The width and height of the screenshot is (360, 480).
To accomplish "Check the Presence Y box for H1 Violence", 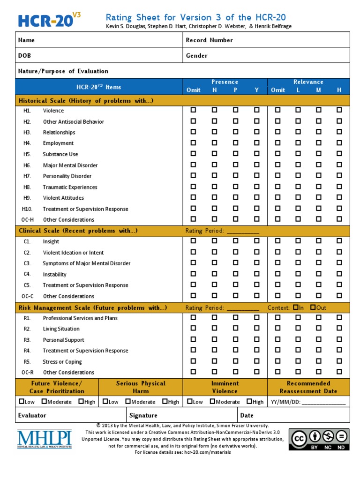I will [256, 110].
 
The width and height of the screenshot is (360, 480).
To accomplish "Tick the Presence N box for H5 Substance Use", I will [214, 154].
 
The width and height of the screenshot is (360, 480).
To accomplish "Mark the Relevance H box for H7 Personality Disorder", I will [339, 176].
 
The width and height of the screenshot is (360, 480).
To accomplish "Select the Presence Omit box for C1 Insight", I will [193, 241].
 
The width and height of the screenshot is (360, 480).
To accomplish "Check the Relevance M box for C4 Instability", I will [319, 274].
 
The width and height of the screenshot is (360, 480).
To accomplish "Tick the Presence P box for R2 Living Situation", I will [235, 329].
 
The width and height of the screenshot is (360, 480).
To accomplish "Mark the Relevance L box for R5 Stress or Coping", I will [298, 361].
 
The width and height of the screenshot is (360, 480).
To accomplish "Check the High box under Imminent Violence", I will [249, 401].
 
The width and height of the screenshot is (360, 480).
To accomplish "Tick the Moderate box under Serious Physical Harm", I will [127, 401].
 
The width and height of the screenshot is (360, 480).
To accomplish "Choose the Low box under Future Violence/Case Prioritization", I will [22, 401].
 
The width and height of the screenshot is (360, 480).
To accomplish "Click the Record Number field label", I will [209, 40].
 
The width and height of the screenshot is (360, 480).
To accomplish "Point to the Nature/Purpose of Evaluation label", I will [63, 71].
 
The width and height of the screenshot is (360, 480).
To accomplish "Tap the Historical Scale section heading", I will [86, 101].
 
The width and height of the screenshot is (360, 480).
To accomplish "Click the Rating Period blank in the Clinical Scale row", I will [242, 231].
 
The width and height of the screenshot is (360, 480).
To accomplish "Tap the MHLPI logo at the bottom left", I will [45, 440].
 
